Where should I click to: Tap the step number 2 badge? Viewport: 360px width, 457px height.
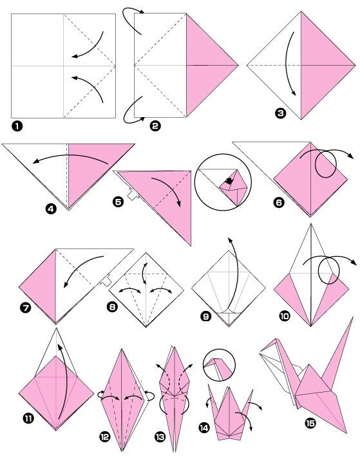pyautogui.click(x=155, y=126)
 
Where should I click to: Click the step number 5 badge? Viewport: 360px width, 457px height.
pyautogui.click(x=118, y=201)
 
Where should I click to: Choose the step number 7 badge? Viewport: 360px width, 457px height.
pyautogui.click(x=25, y=308)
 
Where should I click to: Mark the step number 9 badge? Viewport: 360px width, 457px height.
pyautogui.click(x=206, y=315)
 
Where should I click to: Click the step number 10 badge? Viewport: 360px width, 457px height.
pyautogui.click(x=284, y=315)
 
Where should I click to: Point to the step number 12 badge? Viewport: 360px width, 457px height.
pyautogui.click(x=104, y=437)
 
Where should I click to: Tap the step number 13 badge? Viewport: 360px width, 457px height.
pyautogui.click(x=160, y=437)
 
